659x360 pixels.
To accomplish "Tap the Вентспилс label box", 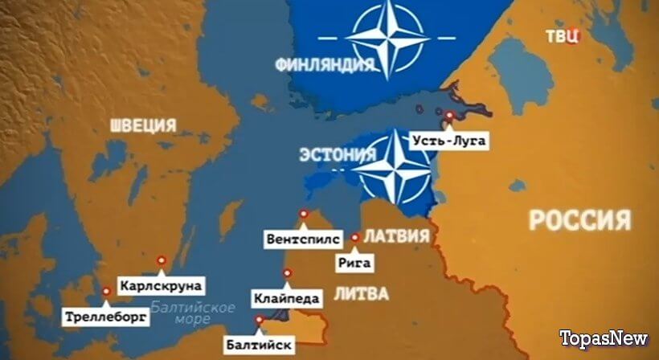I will (300, 239).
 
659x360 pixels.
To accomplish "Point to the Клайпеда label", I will (287, 299).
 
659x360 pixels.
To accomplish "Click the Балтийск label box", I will (260, 346).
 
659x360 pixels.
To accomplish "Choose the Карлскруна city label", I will (160, 285).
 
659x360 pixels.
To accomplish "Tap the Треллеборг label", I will (105, 317).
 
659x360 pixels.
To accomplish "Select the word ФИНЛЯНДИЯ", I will (314, 63).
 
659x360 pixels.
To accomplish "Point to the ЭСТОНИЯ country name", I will (337, 153).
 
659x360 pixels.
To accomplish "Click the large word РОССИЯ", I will (579, 220).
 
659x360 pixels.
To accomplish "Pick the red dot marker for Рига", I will (355, 238).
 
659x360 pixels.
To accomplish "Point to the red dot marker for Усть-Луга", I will (449, 116).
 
